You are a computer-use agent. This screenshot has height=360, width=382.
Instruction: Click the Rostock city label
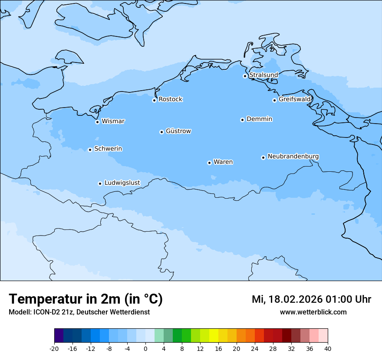170,99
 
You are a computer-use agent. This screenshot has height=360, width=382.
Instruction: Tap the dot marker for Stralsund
245,76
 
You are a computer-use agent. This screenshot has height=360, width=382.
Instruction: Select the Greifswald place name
294,99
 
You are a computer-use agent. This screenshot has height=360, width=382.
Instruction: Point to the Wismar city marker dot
98,122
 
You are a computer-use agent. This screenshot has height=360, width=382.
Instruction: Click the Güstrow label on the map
178,131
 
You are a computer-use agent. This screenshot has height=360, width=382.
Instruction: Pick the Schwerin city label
108,149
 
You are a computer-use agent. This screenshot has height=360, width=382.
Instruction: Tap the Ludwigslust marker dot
100,183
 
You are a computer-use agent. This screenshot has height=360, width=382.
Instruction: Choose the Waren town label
223,162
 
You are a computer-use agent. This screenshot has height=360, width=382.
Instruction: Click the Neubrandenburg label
293,156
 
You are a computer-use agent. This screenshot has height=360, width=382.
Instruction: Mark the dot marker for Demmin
242,120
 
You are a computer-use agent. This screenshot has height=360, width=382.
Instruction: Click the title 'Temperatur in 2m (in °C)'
86,299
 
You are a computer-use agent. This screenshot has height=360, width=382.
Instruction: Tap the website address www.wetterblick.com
313,312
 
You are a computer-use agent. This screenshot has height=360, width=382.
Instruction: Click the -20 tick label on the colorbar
54,348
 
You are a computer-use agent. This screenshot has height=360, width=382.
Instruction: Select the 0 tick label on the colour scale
145,348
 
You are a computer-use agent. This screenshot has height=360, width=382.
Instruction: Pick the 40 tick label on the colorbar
328,348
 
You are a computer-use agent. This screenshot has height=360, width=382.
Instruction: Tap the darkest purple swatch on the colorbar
59,336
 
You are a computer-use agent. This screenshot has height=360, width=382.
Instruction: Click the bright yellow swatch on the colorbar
214,336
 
